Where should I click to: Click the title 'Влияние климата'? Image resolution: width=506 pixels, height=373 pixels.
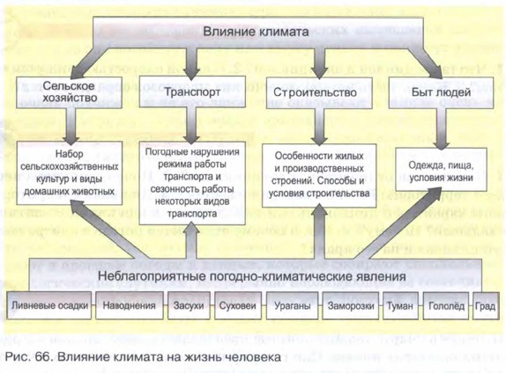point(256,32)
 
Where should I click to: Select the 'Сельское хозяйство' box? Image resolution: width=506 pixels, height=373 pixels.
point(69,91)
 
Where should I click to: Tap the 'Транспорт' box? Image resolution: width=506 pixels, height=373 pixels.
point(192,91)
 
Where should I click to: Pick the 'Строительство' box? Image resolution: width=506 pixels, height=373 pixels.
point(319,92)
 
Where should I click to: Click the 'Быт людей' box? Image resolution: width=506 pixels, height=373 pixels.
point(441,92)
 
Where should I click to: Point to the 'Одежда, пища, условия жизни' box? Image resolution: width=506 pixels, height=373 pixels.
point(441,170)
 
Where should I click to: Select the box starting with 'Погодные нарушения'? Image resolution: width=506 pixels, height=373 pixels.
point(192,183)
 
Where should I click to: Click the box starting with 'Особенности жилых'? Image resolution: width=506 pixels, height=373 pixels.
point(319,176)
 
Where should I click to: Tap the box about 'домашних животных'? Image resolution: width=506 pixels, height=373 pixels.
point(69,173)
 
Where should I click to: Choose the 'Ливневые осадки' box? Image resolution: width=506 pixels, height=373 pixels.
point(49,305)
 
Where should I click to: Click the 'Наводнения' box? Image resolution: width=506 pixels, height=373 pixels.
point(129,305)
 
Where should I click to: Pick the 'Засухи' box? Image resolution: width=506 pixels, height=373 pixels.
point(189,305)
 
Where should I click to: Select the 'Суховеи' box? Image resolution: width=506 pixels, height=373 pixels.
point(238,305)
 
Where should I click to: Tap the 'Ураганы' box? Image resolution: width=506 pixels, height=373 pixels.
point(293,305)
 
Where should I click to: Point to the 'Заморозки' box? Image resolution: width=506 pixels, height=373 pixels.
point(351,305)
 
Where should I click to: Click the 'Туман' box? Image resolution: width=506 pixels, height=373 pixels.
point(400,305)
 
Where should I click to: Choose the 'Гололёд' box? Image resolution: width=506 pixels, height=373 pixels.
point(446,305)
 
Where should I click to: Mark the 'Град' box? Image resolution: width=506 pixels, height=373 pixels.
point(486,305)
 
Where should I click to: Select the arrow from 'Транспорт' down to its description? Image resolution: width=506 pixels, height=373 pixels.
point(191,125)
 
